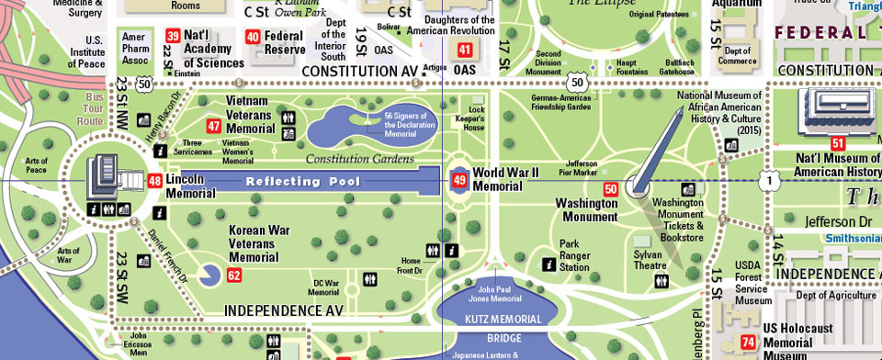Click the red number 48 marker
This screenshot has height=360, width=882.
[155, 180]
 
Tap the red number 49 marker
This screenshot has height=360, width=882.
[458, 180]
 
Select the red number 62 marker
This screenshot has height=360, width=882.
[234, 275]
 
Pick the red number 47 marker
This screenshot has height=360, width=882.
[214, 126]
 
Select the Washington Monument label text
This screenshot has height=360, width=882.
[585, 210]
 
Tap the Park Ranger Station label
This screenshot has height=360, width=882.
[574, 255]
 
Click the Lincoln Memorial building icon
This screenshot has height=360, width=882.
[103, 176]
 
